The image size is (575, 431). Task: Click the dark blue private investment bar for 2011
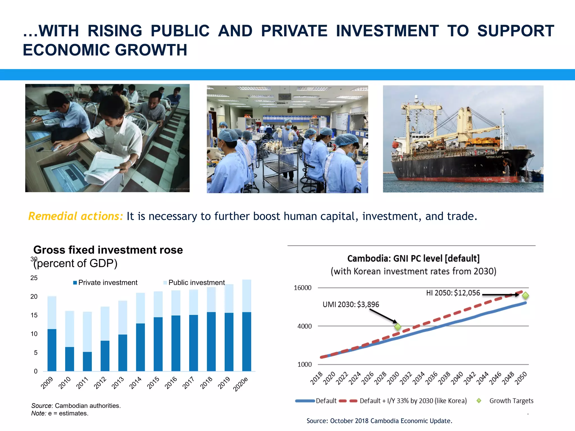click(87, 361)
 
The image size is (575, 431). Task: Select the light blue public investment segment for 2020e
click(247, 296)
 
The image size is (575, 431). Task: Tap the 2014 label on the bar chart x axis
click(136, 383)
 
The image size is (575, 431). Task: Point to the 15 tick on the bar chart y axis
click(34, 315)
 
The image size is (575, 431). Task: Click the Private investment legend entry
click(105, 283)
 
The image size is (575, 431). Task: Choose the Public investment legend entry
click(194, 283)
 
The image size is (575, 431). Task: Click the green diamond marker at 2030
click(398, 327)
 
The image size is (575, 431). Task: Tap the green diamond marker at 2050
click(525, 295)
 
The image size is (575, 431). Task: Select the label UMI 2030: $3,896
click(351, 304)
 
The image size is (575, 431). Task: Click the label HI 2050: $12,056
click(453, 293)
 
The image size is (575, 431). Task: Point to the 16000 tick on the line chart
click(302, 288)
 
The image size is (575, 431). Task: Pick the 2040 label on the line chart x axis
click(457, 378)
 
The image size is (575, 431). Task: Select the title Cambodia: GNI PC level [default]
click(413, 258)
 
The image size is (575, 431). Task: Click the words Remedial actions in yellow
click(76, 216)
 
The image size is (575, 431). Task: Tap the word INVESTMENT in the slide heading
click(387, 31)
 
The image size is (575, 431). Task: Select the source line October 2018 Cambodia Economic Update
click(379, 421)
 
